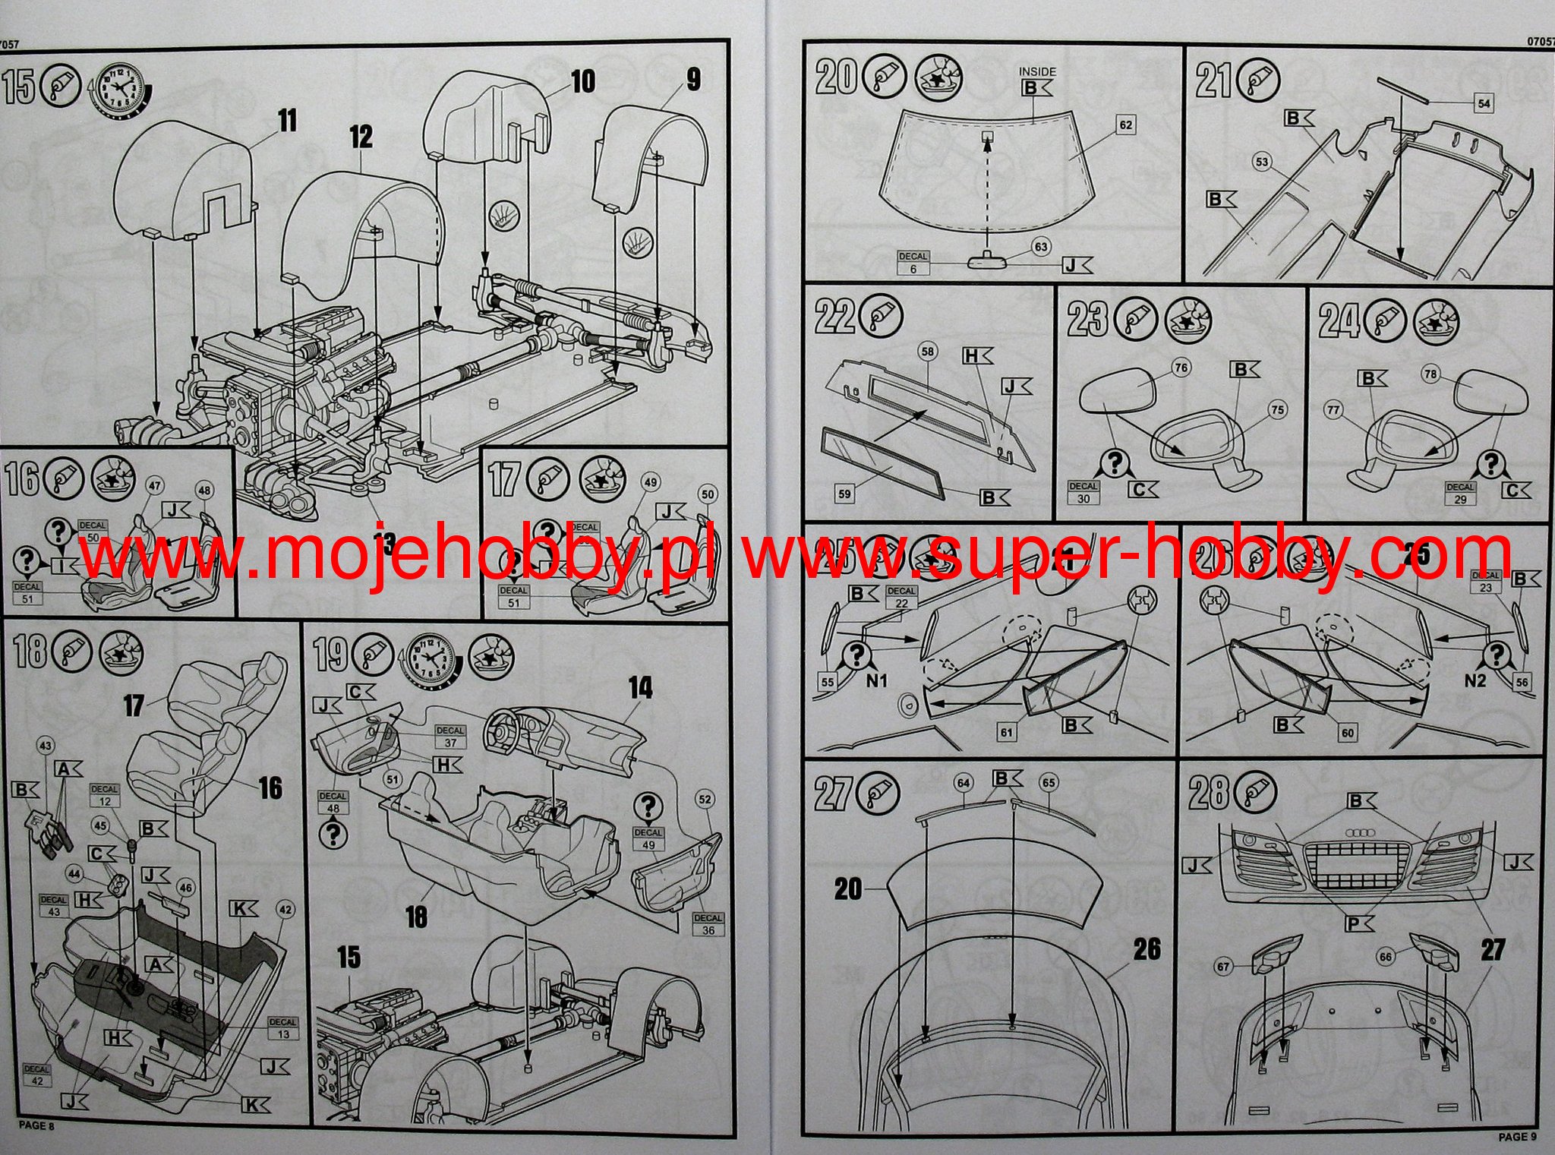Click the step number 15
coord(19,86)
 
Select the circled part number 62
coord(1125,125)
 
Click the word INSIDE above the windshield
coord(1037,71)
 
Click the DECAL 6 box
coord(913,263)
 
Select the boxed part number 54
coord(1484,104)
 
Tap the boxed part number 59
coord(844,494)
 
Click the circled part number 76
coord(1181,368)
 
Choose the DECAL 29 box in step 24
coord(1460,493)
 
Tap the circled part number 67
coord(1222,967)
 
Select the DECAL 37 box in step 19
coord(450,737)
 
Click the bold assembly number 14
coord(640,689)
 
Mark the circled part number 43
coord(46,746)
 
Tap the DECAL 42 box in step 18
coord(36,1075)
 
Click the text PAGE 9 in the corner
coord(1516,1137)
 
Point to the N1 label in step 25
coord(876,681)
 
